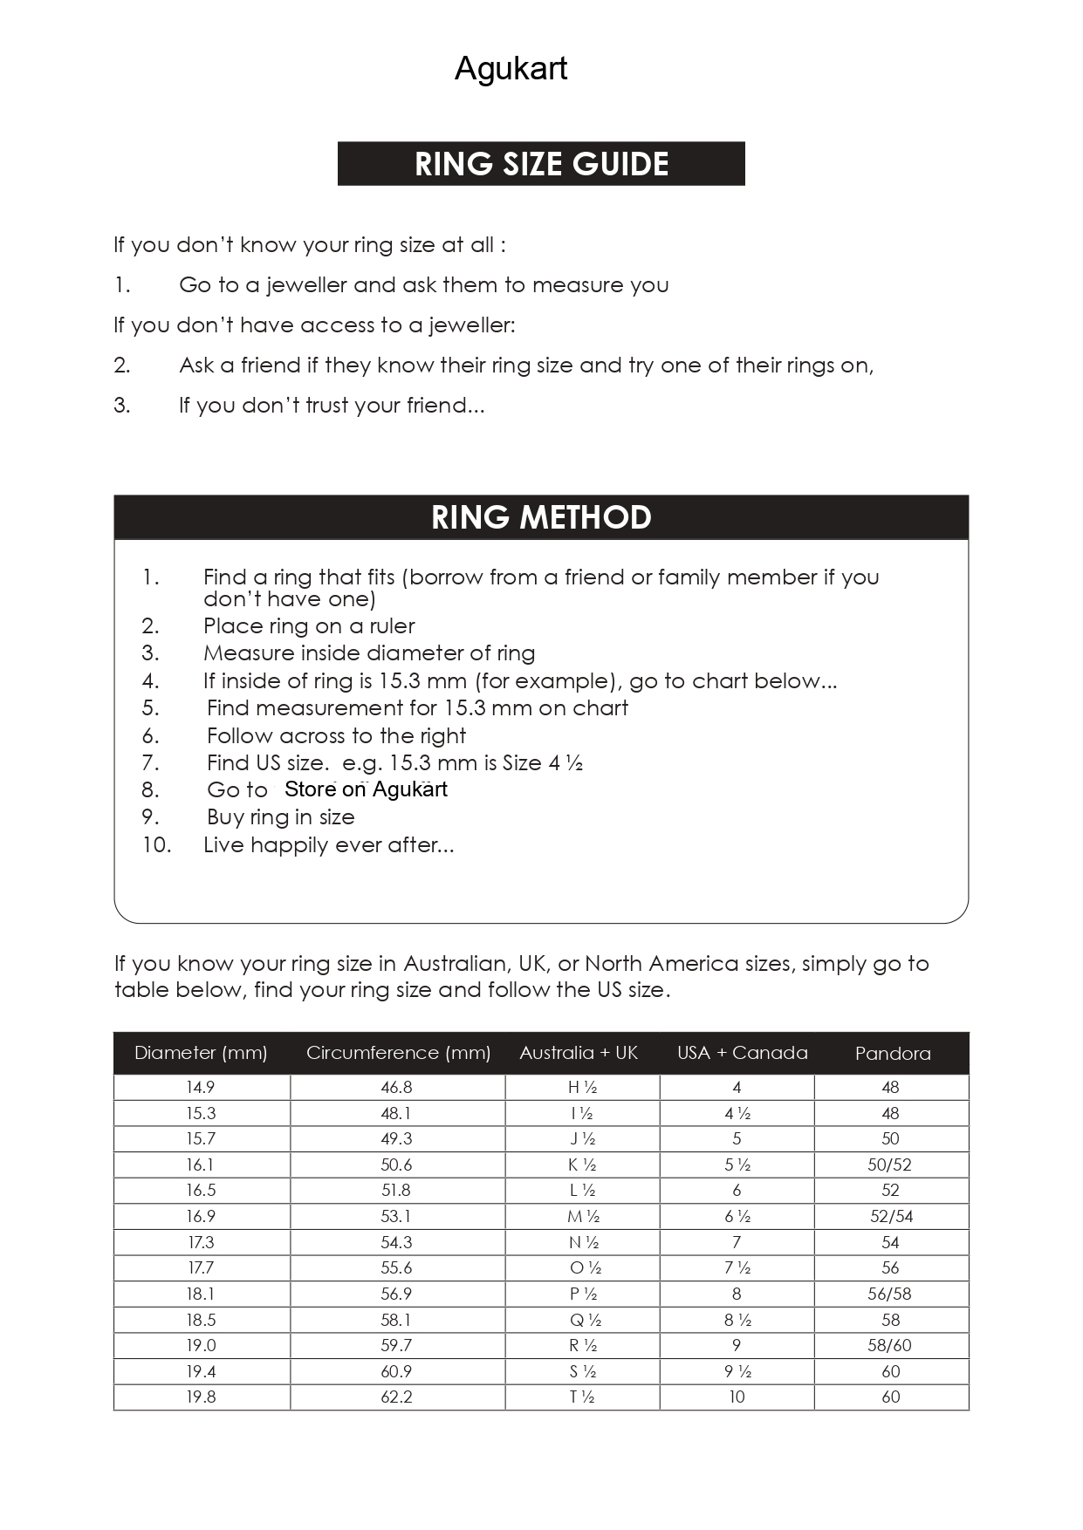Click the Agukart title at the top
[x=511, y=69]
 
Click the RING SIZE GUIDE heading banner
[x=541, y=164]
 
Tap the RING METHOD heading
[x=541, y=517]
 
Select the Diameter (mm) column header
[x=201, y=1053]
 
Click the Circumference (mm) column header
[x=398, y=1053]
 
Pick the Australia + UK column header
[x=579, y=1053]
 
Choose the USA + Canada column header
[x=742, y=1053]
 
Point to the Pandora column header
[x=892, y=1054]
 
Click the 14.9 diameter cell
[x=200, y=1088]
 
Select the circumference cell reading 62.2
[x=396, y=1397]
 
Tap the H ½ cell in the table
[x=582, y=1088]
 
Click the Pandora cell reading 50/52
[x=889, y=1165]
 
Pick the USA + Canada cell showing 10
[x=737, y=1397]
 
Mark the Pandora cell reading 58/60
[x=889, y=1346]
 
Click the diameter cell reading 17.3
[x=200, y=1242]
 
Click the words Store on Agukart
[x=366, y=789]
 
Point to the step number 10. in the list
[x=157, y=845]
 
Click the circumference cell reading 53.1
[x=396, y=1217]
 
